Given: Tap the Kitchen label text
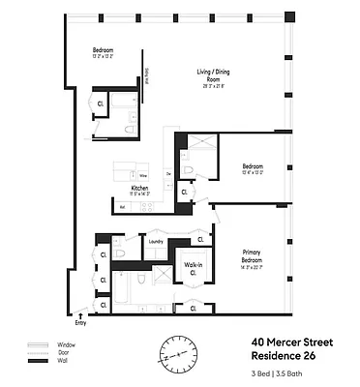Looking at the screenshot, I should pos(139,187).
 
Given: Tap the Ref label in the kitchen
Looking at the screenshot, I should pos(123,207).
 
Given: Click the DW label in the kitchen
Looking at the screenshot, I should pos(167,173).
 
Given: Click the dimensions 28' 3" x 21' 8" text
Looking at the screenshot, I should pos(206,86).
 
